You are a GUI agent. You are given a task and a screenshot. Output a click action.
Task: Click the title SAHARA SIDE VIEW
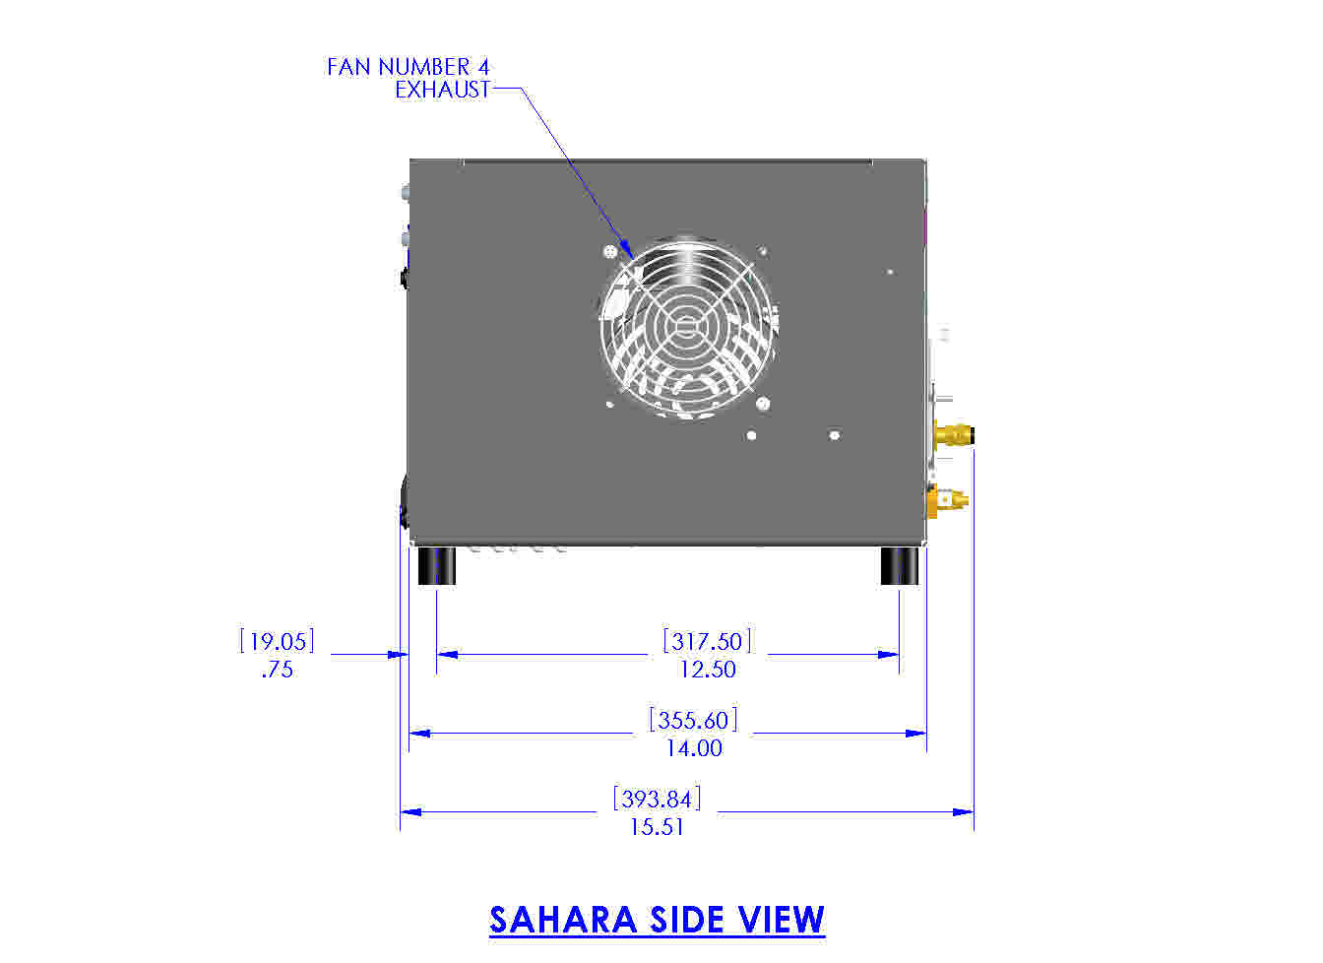tap(657, 920)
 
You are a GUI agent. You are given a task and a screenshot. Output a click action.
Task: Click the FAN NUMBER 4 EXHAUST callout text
tap(409, 78)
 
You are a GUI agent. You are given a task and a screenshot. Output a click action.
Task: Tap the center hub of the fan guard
tap(686, 326)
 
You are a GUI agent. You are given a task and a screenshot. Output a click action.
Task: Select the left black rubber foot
tap(436, 565)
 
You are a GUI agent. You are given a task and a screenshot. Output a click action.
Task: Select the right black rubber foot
tap(899, 565)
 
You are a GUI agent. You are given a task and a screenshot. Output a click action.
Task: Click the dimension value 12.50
tap(707, 670)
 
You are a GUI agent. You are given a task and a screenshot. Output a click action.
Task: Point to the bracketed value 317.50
tap(707, 641)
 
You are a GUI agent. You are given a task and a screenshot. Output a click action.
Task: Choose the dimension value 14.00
tap(694, 748)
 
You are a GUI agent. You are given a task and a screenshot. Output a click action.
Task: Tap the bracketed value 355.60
tap(693, 720)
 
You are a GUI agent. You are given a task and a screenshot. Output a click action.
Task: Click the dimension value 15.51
tap(657, 826)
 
